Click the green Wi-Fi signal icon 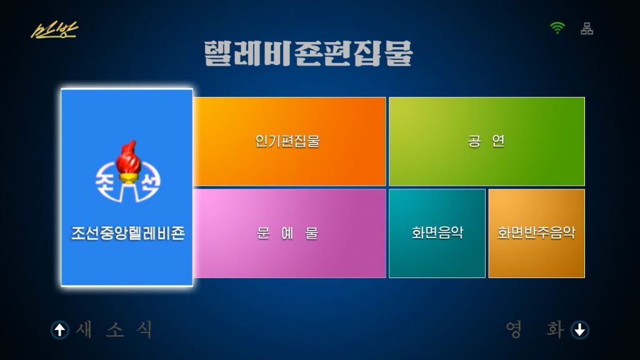coord(557,27)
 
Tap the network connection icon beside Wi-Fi coord(587,29)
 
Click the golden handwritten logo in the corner coord(54,30)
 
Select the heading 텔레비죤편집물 coord(308,53)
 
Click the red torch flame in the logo coord(128,157)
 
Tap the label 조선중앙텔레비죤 coord(128,233)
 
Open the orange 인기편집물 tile coord(289,142)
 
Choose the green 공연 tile coord(486,142)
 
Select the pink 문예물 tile coord(289,234)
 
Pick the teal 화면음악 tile coord(437,234)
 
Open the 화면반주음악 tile coord(537,234)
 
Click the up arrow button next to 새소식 coord(60,330)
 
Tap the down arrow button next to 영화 coord(580,330)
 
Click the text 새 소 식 coord(115,329)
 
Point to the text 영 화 coord(535,329)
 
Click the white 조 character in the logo coord(106,182)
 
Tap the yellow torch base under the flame coord(128,178)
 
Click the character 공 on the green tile coord(474,141)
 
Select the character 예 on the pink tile coord(287,233)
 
